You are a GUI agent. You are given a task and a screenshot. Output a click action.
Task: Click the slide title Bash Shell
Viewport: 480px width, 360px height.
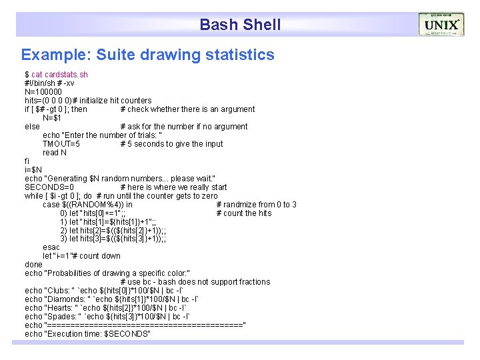pos(240,25)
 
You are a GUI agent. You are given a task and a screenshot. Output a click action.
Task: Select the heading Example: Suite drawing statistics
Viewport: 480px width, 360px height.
pos(147,55)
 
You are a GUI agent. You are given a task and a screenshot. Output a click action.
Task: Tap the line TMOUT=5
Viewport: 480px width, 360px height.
pos(61,144)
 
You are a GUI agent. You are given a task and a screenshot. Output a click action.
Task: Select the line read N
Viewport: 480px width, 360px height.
pos(55,153)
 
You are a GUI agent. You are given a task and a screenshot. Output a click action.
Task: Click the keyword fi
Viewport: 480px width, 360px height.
pos(27,161)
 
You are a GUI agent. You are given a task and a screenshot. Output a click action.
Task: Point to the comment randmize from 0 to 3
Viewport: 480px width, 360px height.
pos(260,205)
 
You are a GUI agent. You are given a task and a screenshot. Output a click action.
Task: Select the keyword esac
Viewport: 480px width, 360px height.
pos(51,247)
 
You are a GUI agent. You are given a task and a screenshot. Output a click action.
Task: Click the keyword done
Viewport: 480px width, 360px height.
pos(33,265)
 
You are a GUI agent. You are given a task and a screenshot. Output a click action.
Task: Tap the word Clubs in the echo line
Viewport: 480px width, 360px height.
pos(58,291)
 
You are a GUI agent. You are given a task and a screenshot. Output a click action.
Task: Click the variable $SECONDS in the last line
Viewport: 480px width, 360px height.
pos(127,334)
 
